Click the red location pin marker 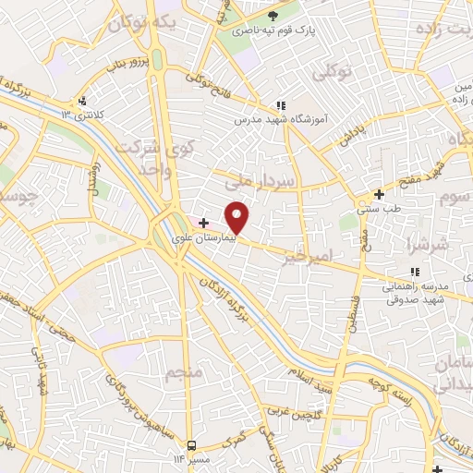click(238, 218)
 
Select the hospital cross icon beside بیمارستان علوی click(203, 223)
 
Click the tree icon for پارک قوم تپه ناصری click(273, 16)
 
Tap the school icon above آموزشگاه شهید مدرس click(281, 105)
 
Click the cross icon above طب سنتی click(379, 194)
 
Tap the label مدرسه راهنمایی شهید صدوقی click(415, 293)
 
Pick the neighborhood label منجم click(180, 373)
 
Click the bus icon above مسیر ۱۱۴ click(190, 444)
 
